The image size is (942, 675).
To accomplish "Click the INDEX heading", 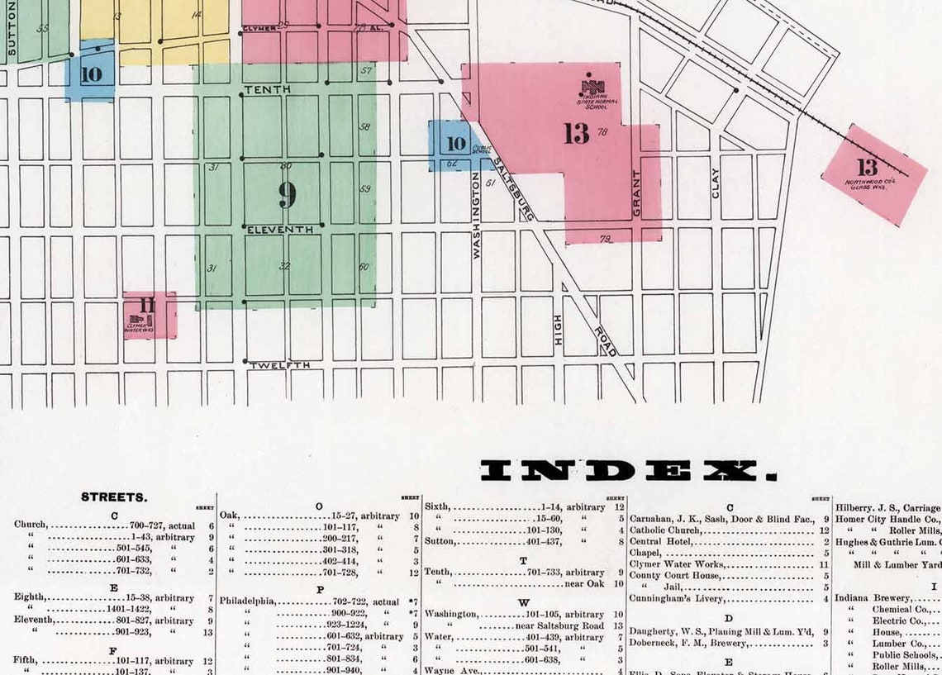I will pos(629,471).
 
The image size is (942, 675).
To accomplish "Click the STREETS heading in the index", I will pos(114,497).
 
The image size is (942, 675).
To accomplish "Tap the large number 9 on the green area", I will pos(287,194).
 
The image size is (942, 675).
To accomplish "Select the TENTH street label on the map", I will pos(263,88).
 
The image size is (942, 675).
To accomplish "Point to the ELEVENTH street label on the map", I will pos(280,230).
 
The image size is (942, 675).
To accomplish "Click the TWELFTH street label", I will pos(280,364).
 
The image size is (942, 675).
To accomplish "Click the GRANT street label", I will pos(637,193).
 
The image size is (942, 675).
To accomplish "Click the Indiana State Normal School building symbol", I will pos(592,84).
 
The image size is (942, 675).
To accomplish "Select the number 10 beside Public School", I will pos(455,144).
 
